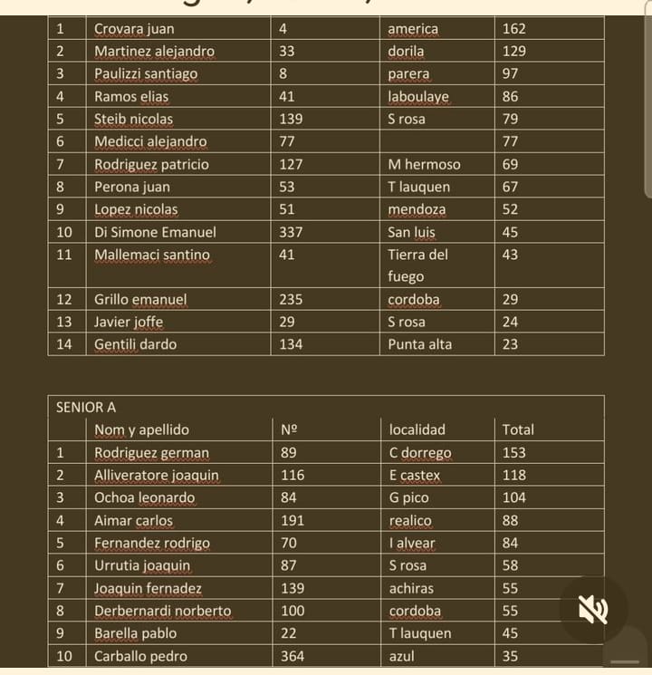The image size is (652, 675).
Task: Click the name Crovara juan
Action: click(134, 29)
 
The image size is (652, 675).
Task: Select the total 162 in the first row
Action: click(514, 29)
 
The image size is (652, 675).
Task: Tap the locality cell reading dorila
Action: click(406, 52)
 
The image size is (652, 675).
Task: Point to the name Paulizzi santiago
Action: click(146, 74)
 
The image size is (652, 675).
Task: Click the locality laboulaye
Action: click(418, 97)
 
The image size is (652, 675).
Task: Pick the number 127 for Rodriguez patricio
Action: click(292, 165)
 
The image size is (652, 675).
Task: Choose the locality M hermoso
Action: click(424, 165)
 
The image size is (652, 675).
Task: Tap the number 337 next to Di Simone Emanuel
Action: click(292, 232)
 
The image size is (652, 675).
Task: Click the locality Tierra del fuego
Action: click(417, 265)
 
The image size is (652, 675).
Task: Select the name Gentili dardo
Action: click(136, 344)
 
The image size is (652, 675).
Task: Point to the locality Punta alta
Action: click(420, 344)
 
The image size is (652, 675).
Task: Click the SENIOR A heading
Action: click(86, 408)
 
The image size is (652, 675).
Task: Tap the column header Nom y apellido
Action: click(142, 430)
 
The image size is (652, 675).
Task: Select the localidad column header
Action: click(417, 430)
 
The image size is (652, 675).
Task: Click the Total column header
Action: click(518, 430)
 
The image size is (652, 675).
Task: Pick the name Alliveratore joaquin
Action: click(157, 476)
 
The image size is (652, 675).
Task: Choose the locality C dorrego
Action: click(420, 453)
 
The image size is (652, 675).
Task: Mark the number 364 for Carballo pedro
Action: click(292, 656)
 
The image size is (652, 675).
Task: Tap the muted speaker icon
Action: click(593, 610)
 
